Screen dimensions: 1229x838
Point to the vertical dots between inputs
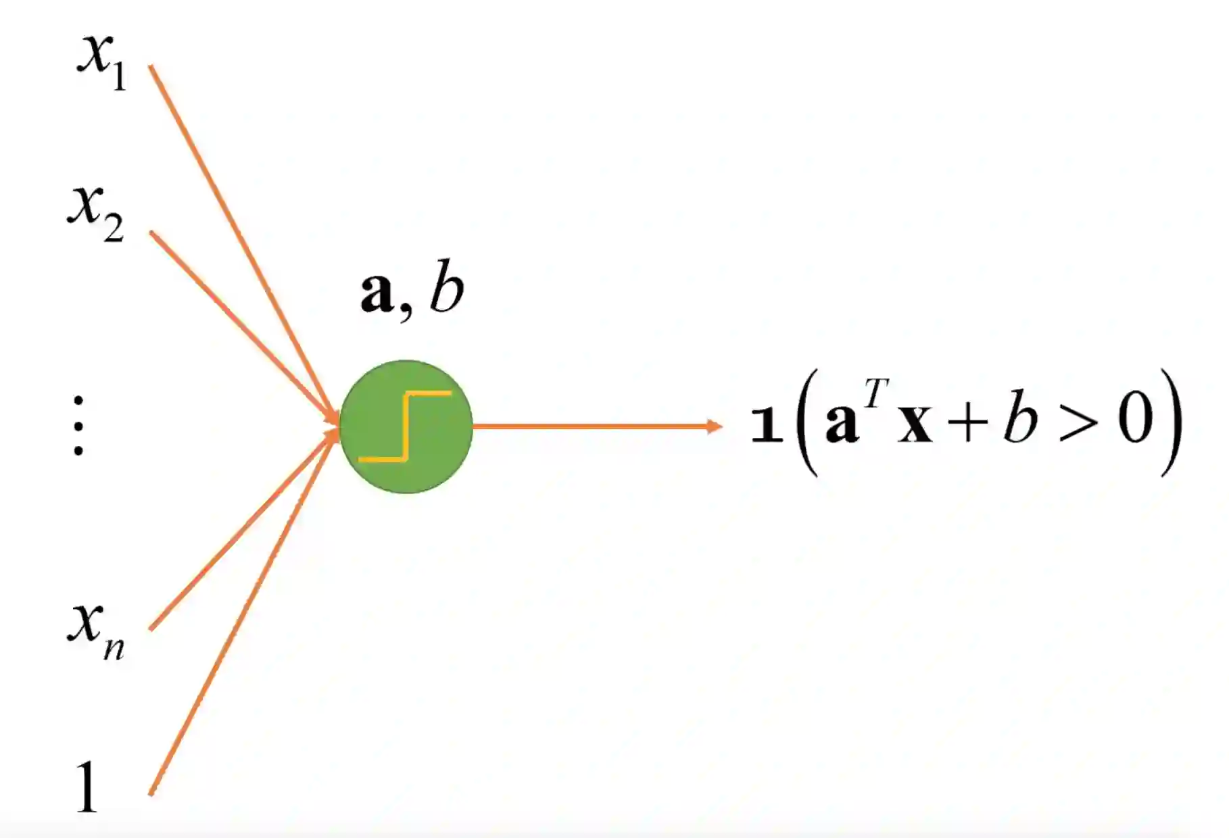coord(78,426)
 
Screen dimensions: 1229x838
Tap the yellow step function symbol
coord(405,426)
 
